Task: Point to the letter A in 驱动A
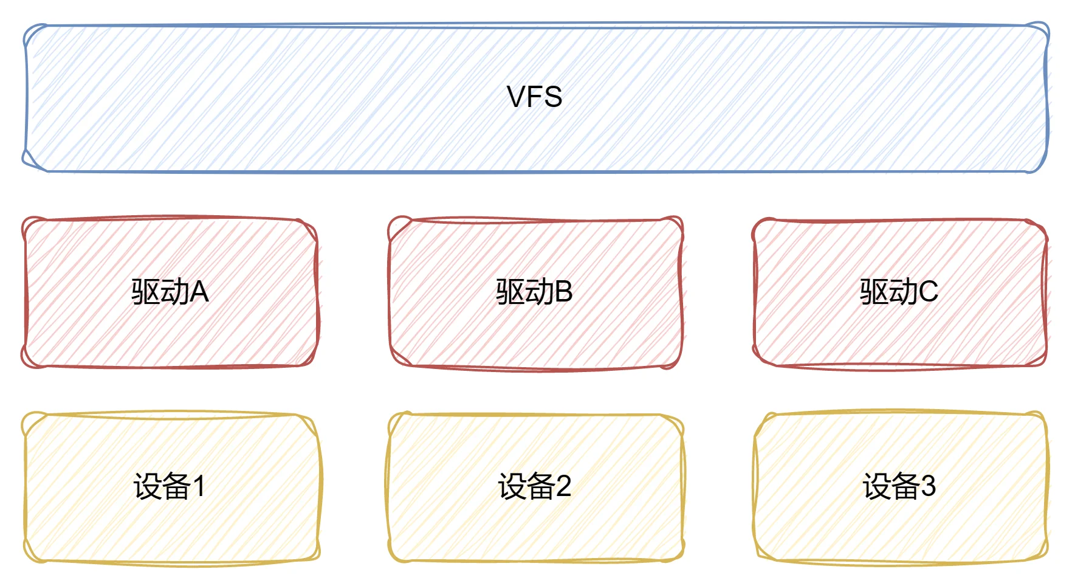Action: coord(199,292)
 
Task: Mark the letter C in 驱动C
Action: coord(928,292)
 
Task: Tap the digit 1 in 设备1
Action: coord(199,486)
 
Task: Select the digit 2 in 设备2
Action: coord(563,486)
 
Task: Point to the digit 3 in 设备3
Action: coord(928,486)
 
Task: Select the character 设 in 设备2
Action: coord(512,486)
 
